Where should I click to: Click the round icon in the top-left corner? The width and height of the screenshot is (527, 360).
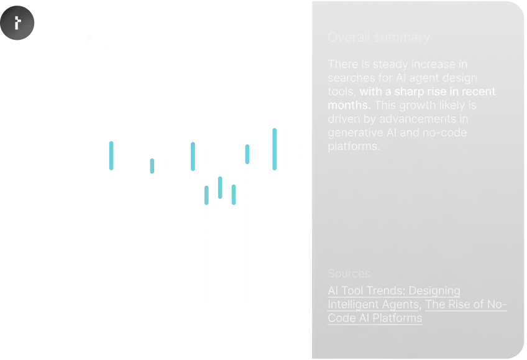click(x=17, y=24)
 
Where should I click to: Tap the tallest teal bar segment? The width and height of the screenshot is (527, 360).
click(x=273, y=149)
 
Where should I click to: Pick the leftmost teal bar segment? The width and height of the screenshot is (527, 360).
click(x=111, y=155)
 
